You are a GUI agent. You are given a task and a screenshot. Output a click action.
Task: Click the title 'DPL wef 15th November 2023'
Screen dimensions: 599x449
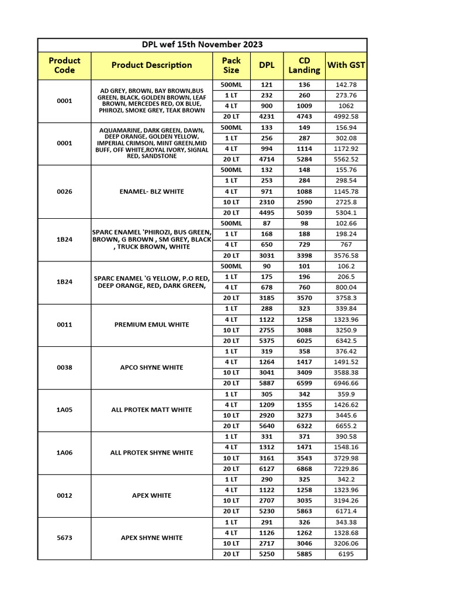[x=202, y=44]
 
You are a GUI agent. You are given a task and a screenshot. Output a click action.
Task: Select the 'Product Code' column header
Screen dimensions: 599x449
[x=64, y=65]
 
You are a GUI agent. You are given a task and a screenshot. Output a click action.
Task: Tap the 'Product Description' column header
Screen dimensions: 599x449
[x=151, y=65]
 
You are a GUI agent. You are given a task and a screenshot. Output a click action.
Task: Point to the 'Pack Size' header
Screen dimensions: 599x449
[x=232, y=65]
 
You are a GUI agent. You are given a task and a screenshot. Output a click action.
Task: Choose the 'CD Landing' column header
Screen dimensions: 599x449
[x=304, y=65]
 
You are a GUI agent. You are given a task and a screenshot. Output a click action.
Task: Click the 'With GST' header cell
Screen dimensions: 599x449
[x=346, y=65]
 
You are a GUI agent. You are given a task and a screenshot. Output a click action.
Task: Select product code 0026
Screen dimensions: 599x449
[x=64, y=191]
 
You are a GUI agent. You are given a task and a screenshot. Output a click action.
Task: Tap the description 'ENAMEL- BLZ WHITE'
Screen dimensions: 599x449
[x=151, y=191]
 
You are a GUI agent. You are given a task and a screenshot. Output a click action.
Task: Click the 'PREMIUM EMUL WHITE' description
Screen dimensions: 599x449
[x=151, y=325]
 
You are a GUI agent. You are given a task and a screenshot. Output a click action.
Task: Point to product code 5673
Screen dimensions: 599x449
[x=64, y=538]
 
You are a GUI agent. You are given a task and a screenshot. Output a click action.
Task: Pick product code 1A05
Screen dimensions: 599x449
[x=64, y=409]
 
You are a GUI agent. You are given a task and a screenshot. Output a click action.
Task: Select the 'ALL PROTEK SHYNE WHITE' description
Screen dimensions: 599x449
[x=151, y=452]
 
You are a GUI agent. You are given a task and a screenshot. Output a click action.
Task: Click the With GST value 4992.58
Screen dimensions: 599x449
[x=346, y=116]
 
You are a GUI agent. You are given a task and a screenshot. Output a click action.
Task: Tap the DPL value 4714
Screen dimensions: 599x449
[x=267, y=159]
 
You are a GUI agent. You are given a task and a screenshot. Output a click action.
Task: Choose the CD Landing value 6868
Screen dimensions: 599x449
[x=304, y=469]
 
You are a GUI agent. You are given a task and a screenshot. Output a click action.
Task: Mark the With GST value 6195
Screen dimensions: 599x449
[x=346, y=554]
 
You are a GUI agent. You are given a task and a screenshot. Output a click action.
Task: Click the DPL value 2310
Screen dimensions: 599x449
[x=267, y=202]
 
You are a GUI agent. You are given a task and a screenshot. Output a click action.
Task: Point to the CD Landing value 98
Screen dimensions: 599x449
[x=304, y=223]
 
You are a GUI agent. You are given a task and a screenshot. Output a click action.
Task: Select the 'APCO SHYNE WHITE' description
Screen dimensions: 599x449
[x=151, y=367]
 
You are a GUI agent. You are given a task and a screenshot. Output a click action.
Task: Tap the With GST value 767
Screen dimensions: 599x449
[x=346, y=245]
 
